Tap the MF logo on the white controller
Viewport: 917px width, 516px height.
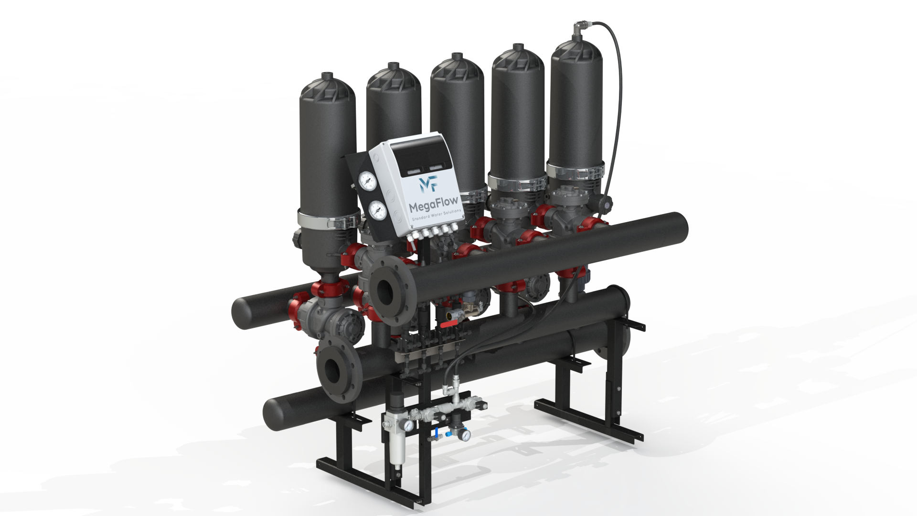(427, 183)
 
